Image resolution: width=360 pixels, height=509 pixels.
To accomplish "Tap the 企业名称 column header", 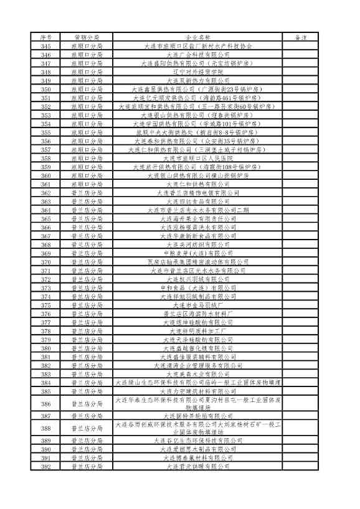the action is pyautogui.click(x=198, y=38).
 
